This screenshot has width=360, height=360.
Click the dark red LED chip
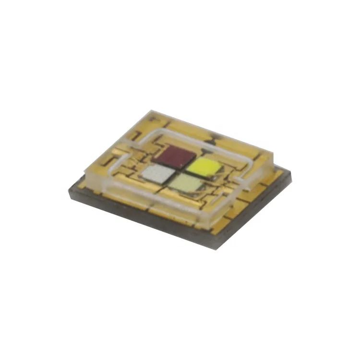coord(175,156)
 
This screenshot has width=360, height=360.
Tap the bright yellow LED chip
coord(204,167)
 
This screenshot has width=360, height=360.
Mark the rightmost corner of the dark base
coord(291,178)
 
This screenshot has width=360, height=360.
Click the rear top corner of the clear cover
coord(153,113)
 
